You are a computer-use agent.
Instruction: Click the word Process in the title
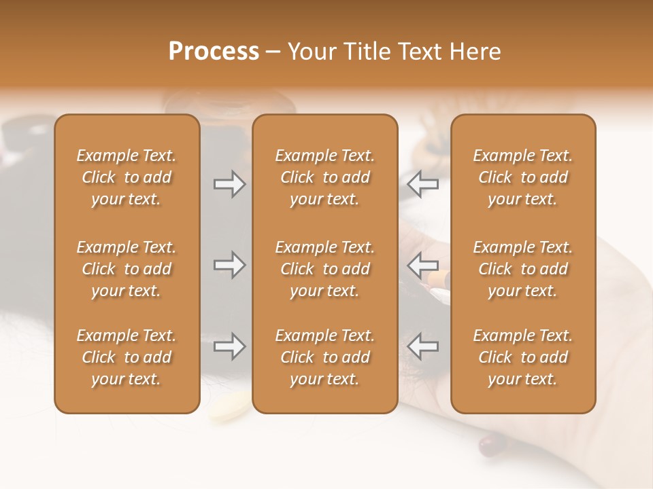[214, 52]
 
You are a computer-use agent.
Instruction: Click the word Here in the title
[473, 52]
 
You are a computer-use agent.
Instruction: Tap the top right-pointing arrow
[229, 184]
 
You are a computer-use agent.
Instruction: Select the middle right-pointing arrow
[229, 265]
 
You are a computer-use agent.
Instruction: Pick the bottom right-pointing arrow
[229, 346]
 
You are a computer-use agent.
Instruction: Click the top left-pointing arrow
[422, 184]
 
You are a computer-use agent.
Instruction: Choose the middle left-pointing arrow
[422, 265]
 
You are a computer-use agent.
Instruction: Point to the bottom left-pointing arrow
[422, 346]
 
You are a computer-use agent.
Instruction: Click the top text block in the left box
[127, 177]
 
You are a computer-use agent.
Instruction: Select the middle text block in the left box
[127, 269]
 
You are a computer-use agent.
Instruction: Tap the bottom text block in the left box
[127, 357]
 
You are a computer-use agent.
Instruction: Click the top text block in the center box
[325, 177]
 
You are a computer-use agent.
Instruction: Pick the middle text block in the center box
[325, 269]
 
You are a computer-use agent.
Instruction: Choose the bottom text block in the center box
[325, 357]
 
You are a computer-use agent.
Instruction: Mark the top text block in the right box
[523, 177]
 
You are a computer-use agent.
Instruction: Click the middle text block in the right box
[523, 269]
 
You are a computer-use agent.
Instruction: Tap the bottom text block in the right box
[523, 357]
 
